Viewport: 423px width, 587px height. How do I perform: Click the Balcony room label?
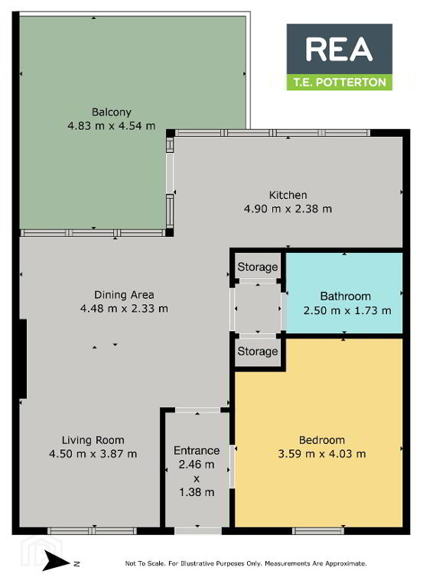(x=111, y=112)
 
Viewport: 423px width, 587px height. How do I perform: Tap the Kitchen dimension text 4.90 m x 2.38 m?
(x=288, y=209)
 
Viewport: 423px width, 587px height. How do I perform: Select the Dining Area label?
(x=124, y=295)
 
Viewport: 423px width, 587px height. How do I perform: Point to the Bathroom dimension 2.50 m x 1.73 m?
(x=347, y=310)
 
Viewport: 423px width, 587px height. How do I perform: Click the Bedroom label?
(x=322, y=440)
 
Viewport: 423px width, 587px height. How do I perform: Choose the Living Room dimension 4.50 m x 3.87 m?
(x=93, y=454)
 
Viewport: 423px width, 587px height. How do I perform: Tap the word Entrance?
(x=197, y=450)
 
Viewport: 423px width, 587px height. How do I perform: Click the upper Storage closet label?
(x=258, y=267)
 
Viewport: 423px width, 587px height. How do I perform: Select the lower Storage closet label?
(x=258, y=351)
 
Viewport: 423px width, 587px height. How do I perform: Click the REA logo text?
(x=339, y=50)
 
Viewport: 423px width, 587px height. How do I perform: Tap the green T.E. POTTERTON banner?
(x=340, y=83)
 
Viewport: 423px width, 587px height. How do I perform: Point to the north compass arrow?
(x=56, y=560)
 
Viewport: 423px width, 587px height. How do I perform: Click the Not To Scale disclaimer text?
(x=246, y=563)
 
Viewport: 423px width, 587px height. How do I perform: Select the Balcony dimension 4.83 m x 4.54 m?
(x=111, y=126)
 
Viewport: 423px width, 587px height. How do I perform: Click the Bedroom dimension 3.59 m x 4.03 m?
(x=322, y=454)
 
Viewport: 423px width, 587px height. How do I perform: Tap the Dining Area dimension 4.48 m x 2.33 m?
(x=124, y=309)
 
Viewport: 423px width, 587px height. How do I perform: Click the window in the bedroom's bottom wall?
(x=317, y=531)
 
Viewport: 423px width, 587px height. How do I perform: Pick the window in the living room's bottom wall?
(x=92, y=531)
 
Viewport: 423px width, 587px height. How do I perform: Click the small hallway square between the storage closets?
(x=258, y=309)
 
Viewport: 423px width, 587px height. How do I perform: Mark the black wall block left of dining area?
(x=22, y=358)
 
